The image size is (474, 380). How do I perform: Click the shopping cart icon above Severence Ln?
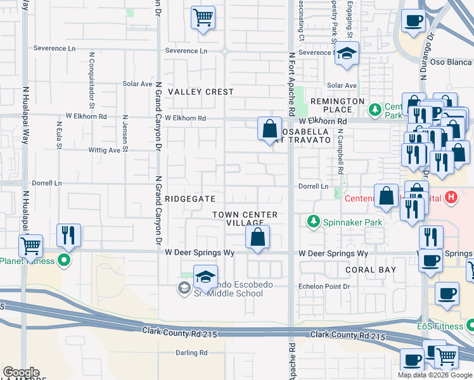[203, 17]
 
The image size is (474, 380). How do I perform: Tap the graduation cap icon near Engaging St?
[347, 53]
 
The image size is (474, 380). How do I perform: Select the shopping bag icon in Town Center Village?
[257, 238]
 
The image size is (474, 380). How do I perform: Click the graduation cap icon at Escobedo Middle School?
[205, 277]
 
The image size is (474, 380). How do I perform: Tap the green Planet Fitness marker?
[64, 260]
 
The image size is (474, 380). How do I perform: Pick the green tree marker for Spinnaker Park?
[312, 222]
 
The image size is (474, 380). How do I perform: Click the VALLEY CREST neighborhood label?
[200, 92]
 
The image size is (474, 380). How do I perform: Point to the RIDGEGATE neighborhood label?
[190, 198]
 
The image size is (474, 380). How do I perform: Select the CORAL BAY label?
[371, 269]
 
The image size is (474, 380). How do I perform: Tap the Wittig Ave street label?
[105, 150]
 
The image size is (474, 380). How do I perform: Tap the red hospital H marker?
[451, 198]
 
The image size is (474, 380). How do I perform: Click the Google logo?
[21, 372]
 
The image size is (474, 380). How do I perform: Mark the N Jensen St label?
[126, 134]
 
